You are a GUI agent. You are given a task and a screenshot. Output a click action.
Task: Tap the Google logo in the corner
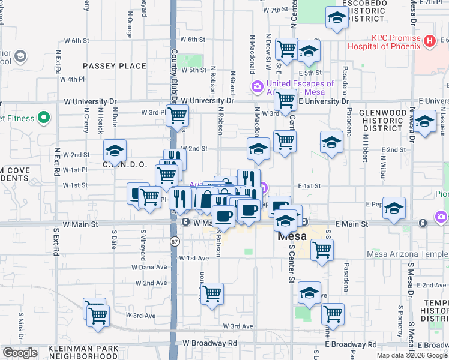[19, 353]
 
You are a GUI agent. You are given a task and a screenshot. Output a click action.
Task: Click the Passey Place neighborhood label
[115, 66]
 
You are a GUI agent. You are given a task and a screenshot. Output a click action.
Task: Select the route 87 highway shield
[174, 241]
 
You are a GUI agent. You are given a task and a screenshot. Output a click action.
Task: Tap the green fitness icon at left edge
[43, 118]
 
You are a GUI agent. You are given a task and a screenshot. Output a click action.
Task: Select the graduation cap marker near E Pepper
[394, 208]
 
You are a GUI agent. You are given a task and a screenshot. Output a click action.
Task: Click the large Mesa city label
[292, 236]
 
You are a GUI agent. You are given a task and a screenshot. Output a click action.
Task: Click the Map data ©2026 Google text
[411, 355]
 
